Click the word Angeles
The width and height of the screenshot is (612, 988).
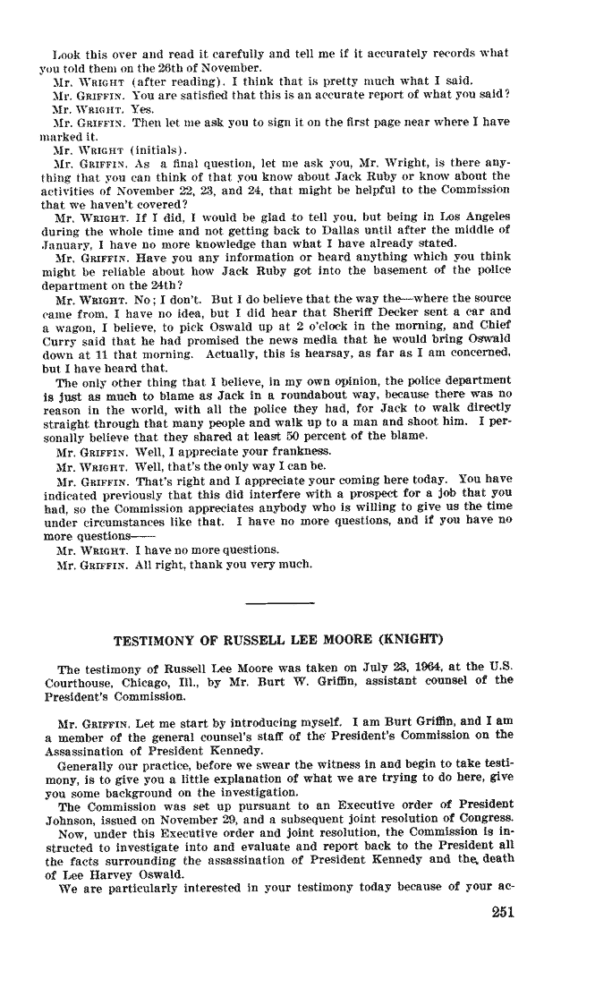pos(487,217)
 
